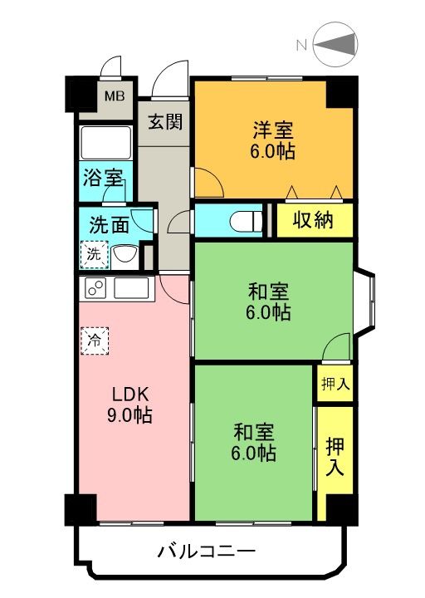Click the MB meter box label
(115, 96)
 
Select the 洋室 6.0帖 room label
(272, 140)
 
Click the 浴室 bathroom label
(103, 178)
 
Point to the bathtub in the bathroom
(106, 143)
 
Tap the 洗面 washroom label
(109, 225)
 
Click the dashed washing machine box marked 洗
(95, 254)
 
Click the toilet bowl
(246, 220)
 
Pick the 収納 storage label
(313, 220)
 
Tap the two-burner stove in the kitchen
(95, 288)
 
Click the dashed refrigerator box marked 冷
(95, 341)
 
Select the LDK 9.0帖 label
(129, 405)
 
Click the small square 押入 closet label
(335, 384)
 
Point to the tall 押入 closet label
(335, 457)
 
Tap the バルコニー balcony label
(207, 551)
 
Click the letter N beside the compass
(301, 46)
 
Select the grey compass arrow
(336, 43)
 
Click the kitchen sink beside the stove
(131, 288)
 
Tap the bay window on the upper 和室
(364, 301)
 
